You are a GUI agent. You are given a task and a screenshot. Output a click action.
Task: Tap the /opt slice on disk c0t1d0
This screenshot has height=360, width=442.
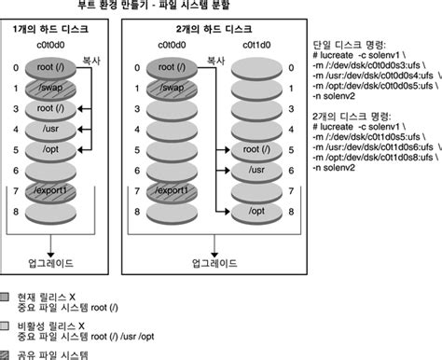click(253, 212)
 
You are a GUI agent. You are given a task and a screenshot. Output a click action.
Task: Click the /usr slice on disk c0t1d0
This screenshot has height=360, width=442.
click(253, 170)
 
